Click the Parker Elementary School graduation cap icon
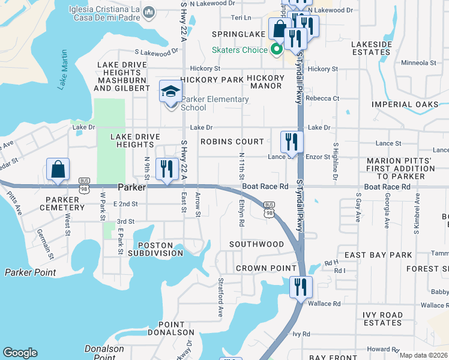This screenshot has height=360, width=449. click(x=170, y=92)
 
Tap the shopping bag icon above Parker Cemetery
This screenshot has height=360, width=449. click(x=58, y=170)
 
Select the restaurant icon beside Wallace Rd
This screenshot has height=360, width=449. click(x=300, y=287)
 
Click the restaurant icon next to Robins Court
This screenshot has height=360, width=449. click(x=291, y=142)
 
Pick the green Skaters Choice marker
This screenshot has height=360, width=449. click(x=276, y=50)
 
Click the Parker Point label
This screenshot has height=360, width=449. click(x=30, y=272)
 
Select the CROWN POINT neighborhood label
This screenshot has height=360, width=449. click(x=266, y=268)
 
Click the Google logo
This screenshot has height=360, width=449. click(x=20, y=353)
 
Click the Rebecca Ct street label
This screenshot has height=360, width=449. click(x=322, y=98)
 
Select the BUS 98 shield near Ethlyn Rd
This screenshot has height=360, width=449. click(x=269, y=208)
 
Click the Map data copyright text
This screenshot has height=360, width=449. click(x=423, y=355)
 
